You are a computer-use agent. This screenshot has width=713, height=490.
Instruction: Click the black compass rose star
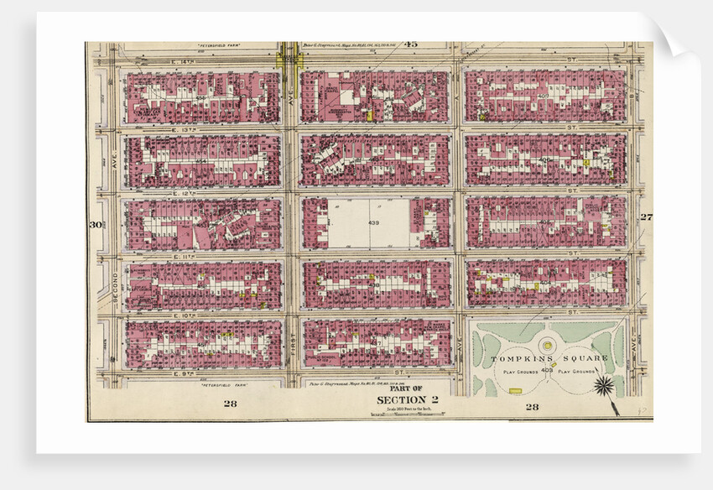[x=603, y=385]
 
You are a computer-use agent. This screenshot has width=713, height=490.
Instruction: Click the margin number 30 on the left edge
[x=96, y=224]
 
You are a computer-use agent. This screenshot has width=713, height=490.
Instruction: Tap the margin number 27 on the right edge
[x=645, y=217]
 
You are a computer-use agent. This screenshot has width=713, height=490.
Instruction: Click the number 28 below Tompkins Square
[x=532, y=407]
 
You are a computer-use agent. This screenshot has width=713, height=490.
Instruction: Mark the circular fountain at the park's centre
[x=547, y=344]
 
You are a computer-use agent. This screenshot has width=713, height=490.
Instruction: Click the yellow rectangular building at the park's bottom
[x=514, y=391]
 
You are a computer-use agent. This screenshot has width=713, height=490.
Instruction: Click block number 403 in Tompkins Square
[x=548, y=370]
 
